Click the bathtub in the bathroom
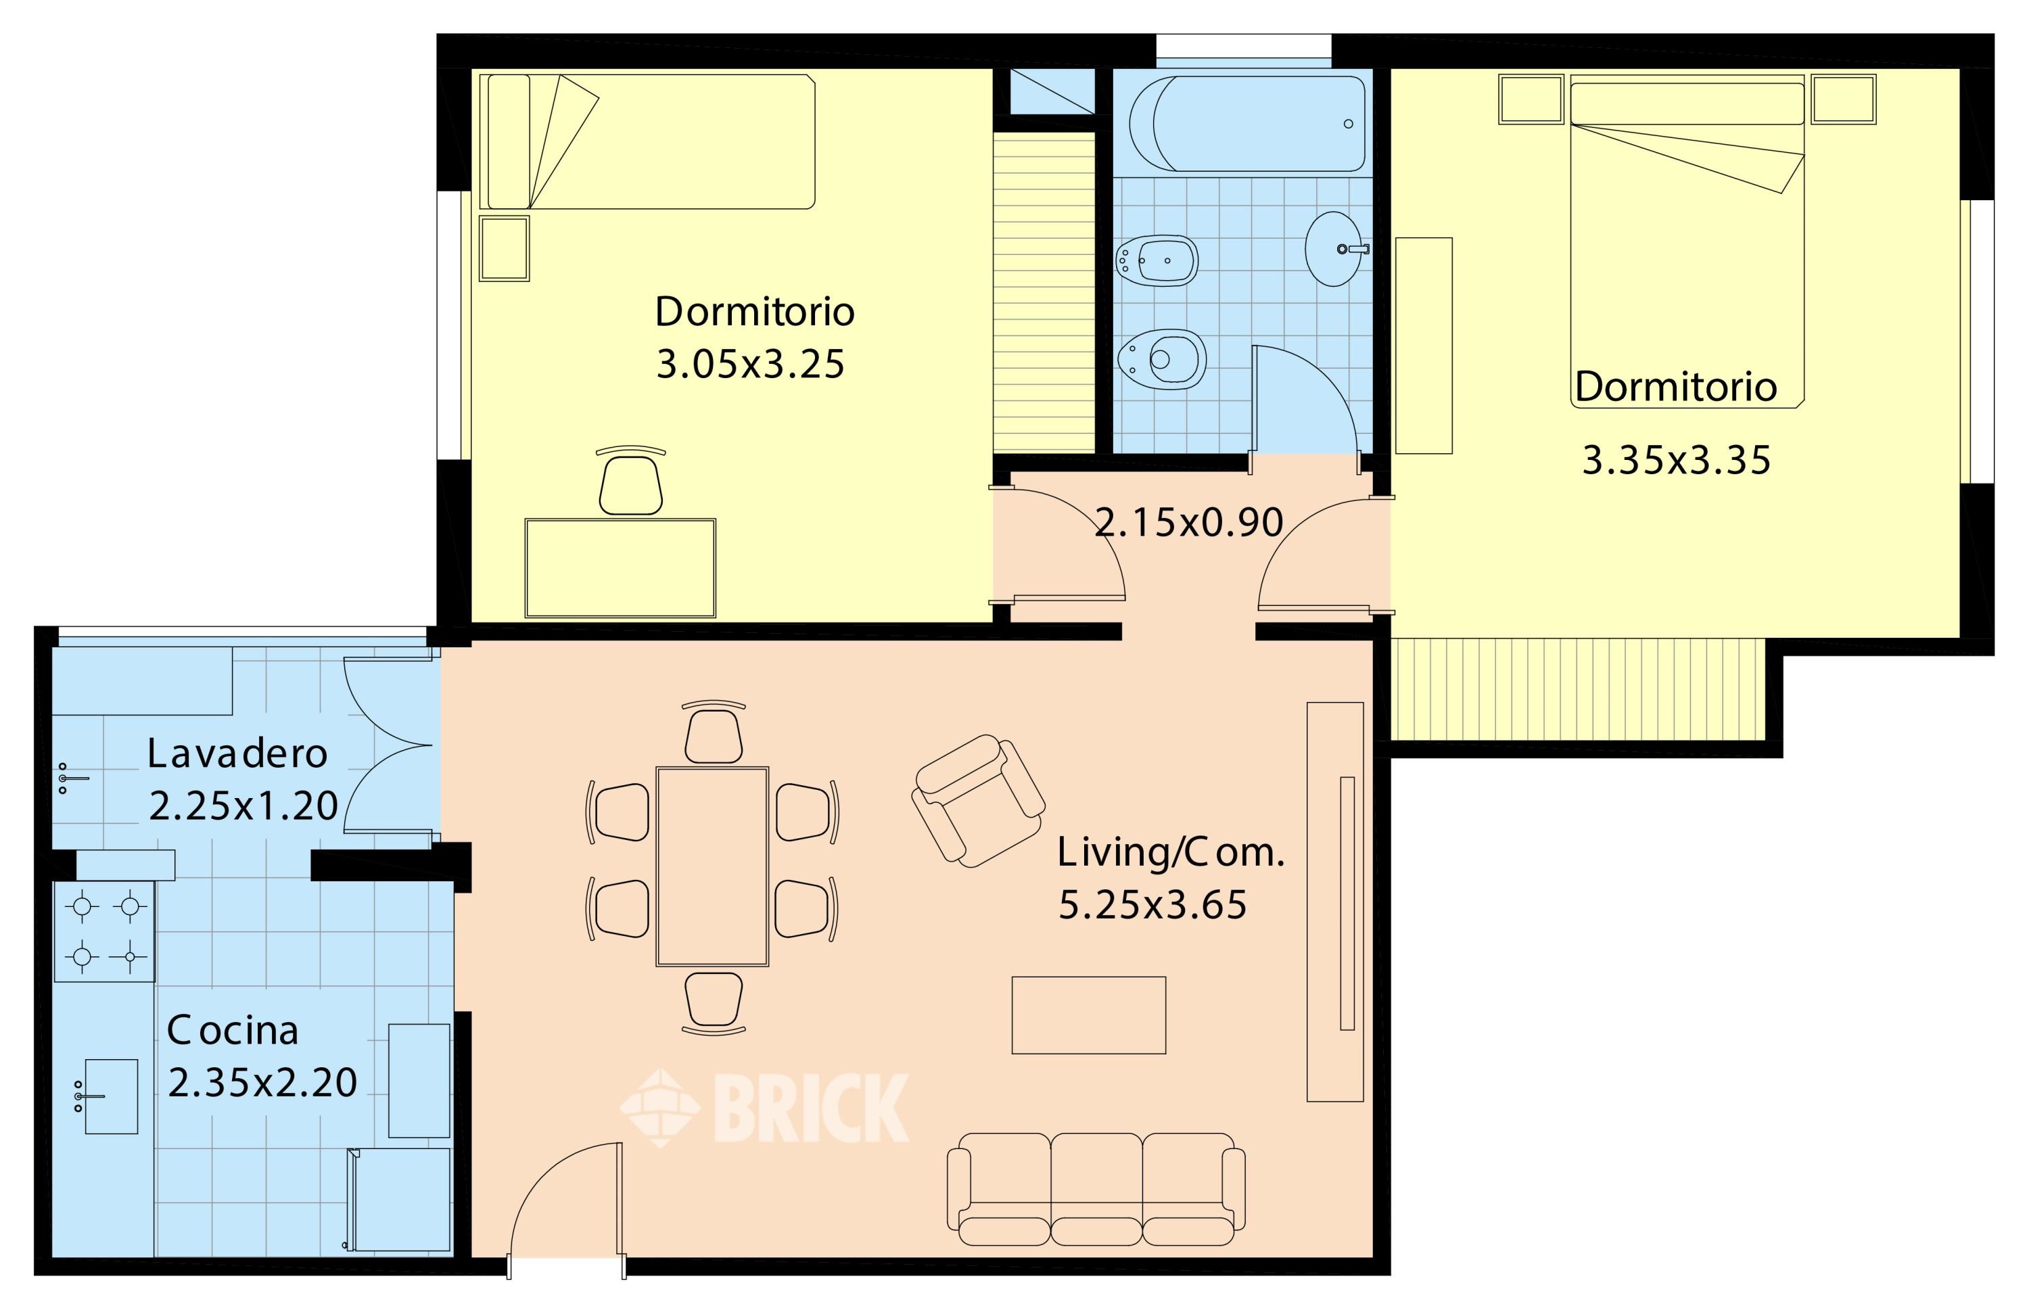[1247, 123]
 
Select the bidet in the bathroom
[1157, 260]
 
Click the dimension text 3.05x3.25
[750, 364]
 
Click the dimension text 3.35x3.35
[1676, 461]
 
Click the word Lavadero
[237, 753]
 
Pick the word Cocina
[233, 1030]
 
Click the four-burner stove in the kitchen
[104, 932]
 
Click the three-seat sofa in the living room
[1096, 1189]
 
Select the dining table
[712, 866]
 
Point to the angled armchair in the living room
[977, 801]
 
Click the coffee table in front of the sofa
[1089, 1015]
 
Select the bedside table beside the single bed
[505, 248]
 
